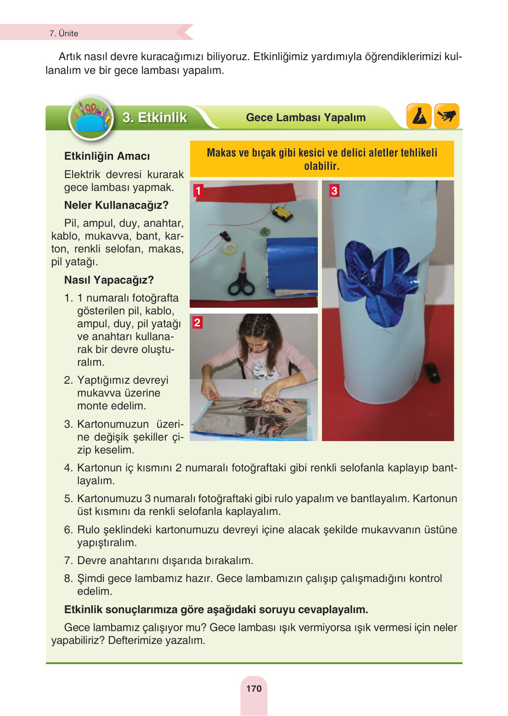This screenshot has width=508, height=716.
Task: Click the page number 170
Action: coord(254,688)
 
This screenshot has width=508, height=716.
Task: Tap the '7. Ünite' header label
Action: coord(64,34)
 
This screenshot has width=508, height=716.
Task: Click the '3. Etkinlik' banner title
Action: coord(155,117)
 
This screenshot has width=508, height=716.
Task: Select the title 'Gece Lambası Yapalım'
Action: coord(305,117)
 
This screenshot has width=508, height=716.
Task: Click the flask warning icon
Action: coord(419,116)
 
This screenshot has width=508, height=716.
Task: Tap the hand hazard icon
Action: coord(446,116)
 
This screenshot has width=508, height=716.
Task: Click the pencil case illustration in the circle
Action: coord(91,118)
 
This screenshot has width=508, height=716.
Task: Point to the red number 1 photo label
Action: coord(198,190)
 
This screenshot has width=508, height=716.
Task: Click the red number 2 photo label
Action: coord(197,322)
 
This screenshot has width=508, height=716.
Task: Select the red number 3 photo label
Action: coord(334,190)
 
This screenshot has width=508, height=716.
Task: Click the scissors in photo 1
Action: coord(241,280)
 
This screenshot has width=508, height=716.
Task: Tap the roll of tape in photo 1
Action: coord(230,248)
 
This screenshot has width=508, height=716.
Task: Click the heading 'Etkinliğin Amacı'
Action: coord(107,156)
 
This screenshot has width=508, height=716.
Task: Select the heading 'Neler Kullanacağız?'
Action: coord(116,205)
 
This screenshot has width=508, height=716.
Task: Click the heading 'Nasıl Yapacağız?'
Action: coord(109,280)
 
